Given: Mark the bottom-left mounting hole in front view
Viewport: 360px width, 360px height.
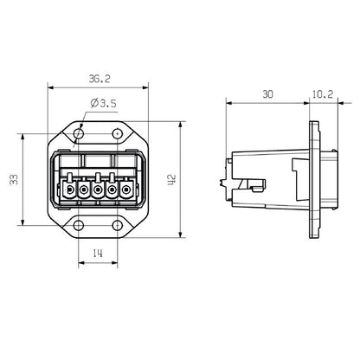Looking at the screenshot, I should pos(79,227).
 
